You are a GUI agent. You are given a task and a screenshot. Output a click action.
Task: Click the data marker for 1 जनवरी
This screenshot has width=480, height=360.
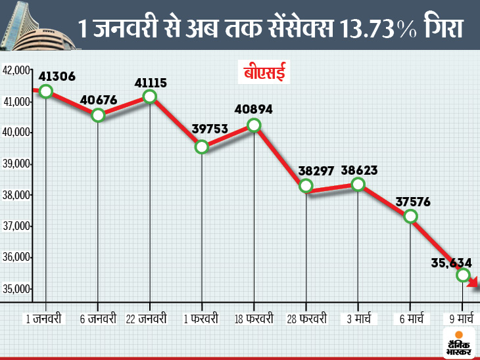(x=45, y=91)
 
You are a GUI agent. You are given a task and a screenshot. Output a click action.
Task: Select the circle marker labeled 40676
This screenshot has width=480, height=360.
(x=98, y=115)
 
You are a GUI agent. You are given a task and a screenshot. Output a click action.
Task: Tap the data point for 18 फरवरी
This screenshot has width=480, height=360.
(x=254, y=125)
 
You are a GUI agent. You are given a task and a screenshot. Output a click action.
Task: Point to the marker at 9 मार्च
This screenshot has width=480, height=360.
(x=463, y=275)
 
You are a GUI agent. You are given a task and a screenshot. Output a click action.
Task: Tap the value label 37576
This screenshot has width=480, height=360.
(x=412, y=201)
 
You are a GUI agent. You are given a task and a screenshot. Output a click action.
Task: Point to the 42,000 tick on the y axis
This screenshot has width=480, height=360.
(x=17, y=70)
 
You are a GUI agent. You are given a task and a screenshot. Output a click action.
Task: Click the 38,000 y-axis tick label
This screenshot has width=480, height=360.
(x=17, y=195)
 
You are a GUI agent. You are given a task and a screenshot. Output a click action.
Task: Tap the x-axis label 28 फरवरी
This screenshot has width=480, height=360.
(x=306, y=319)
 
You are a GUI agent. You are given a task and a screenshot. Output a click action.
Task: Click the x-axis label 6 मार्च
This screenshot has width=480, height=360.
(x=410, y=319)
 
